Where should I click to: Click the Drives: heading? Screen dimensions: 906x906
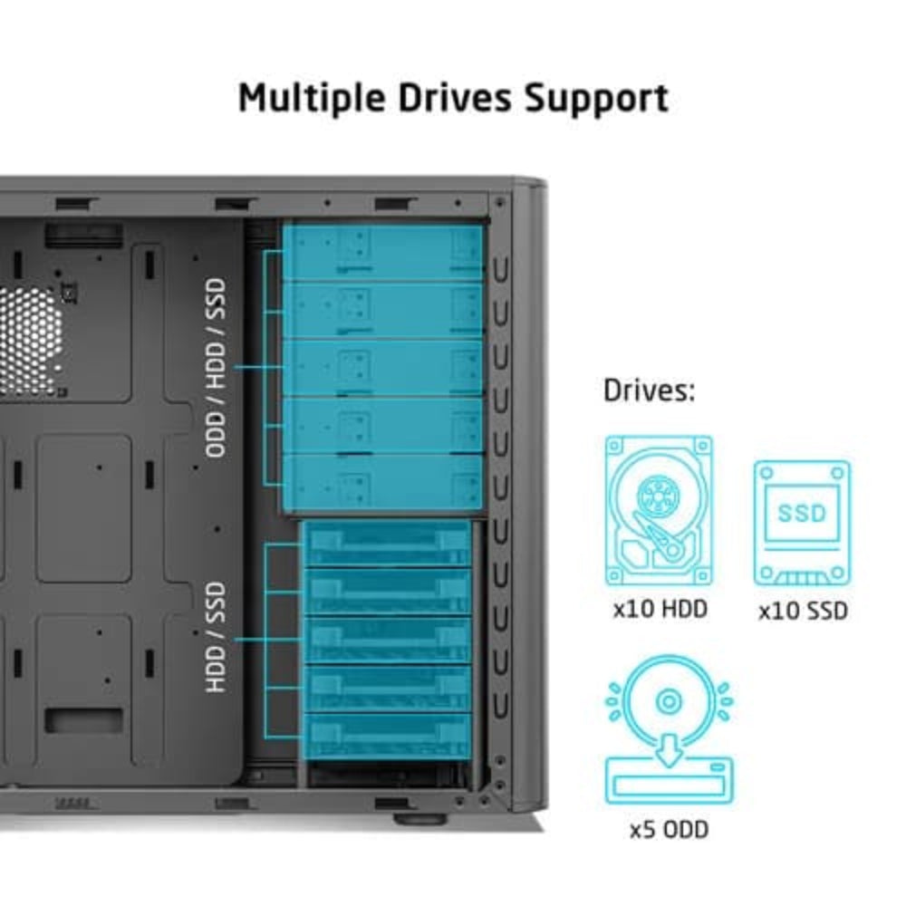click(649, 390)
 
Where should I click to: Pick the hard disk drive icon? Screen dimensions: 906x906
click(659, 512)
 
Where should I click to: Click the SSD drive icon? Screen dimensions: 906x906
click(802, 523)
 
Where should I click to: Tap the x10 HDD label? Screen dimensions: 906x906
click(660, 609)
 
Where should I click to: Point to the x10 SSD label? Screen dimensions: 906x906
click(803, 611)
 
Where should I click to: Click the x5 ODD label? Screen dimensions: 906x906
click(669, 829)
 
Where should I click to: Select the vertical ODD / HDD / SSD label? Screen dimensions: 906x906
click(216, 367)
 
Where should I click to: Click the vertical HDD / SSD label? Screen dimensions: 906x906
click(216, 638)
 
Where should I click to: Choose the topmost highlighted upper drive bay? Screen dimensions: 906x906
click(383, 252)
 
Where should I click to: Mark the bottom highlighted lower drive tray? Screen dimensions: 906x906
click(388, 735)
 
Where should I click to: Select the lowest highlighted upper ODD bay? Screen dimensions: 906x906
click(383, 482)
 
